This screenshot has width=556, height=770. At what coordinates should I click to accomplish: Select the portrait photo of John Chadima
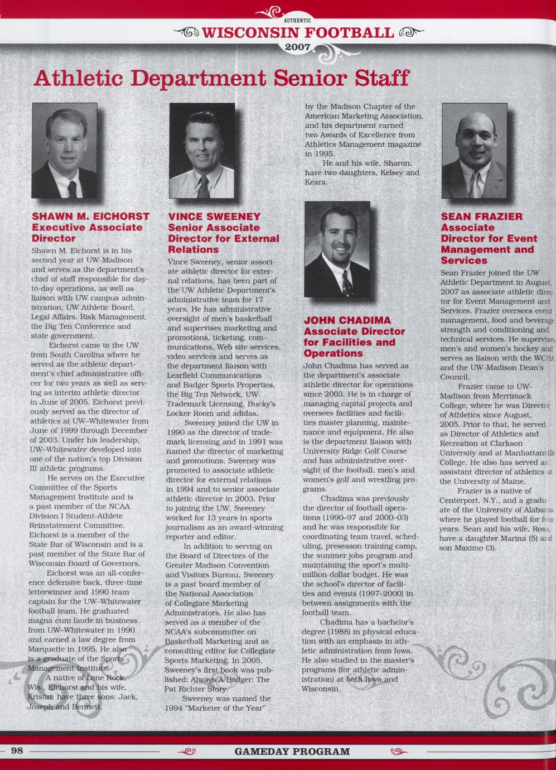(337, 249)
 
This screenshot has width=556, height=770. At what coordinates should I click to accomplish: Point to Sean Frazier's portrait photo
(475, 151)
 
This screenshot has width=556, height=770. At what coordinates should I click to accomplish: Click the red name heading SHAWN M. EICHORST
(90, 216)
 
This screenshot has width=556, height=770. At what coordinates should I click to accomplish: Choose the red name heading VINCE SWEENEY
(214, 216)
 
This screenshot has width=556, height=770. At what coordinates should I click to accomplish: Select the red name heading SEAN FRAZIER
(482, 216)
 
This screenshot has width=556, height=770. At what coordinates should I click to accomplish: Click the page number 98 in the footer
(17, 750)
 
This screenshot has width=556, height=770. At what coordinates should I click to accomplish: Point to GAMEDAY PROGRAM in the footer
(292, 751)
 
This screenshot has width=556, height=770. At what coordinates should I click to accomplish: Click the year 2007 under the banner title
(297, 47)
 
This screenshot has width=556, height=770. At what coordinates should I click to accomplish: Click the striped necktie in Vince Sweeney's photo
(204, 187)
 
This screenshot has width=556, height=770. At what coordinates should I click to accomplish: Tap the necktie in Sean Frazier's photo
(476, 184)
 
